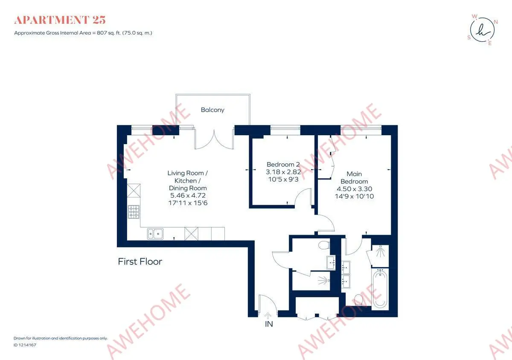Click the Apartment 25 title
[x=60, y=20]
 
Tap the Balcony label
[x=212, y=110]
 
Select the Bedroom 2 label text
[x=283, y=164]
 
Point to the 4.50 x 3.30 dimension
[x=354, y=189]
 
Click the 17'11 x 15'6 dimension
[x=188, y=203]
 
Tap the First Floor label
[x=140, y=261]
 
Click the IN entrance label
[x=269, y=324]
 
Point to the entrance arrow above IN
[x=268, y=316]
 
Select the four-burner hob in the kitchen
[x=134, y=212]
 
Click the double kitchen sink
[x=155, y=234]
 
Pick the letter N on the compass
[x=496, y=22]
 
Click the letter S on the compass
[x=469, y=38]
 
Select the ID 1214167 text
[x=25, y=345]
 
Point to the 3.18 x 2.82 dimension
[x=283, y=172]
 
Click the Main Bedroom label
[x=354, y=177]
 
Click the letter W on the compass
[x=474, y=17]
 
